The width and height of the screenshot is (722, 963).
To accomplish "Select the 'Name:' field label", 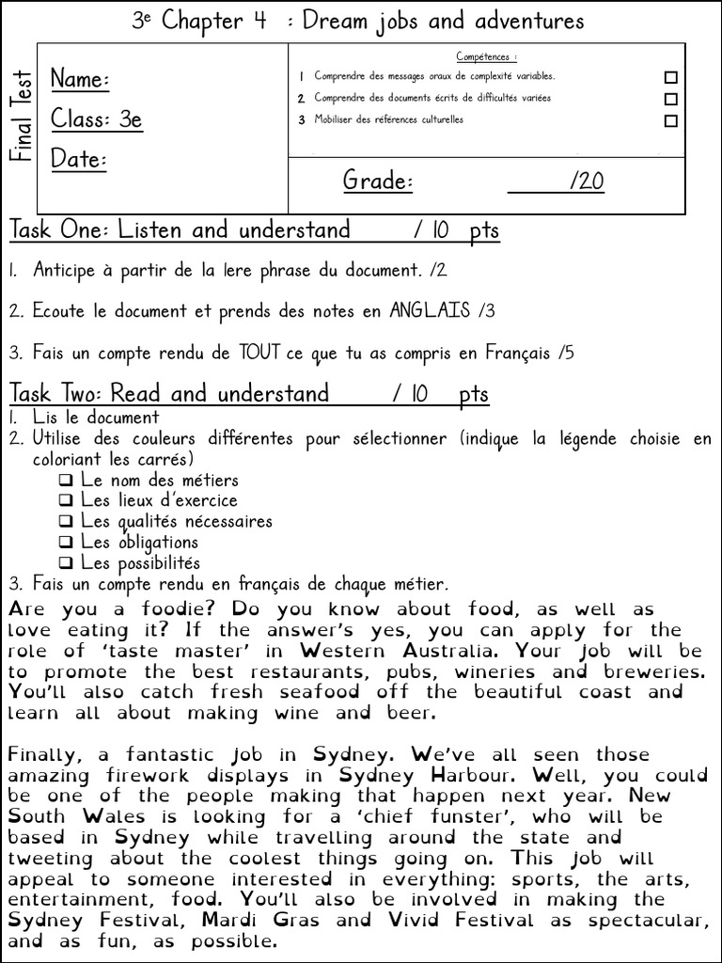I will click(x=80, y=80).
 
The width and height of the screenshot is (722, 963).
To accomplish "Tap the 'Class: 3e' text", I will click(x=97, y=119).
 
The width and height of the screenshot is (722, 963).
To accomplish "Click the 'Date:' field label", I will click(x=78, y=159).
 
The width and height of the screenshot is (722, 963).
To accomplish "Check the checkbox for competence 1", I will click(x=670, y=77).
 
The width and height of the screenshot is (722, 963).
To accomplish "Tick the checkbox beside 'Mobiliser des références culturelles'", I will click(x=670, y=120).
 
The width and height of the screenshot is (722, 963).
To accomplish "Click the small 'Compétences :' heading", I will click(x=486, y=57).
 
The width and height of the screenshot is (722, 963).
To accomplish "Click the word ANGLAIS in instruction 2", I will click(x=430, y=310).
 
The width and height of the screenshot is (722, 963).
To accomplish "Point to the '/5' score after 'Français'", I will click(x=564, y=354).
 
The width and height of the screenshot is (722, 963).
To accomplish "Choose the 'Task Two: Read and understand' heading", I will click(x=169, y=393).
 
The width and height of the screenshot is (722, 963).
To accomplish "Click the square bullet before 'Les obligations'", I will click(x=66, y=543).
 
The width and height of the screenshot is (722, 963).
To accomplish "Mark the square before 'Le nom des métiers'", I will click(x=66, y=481).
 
